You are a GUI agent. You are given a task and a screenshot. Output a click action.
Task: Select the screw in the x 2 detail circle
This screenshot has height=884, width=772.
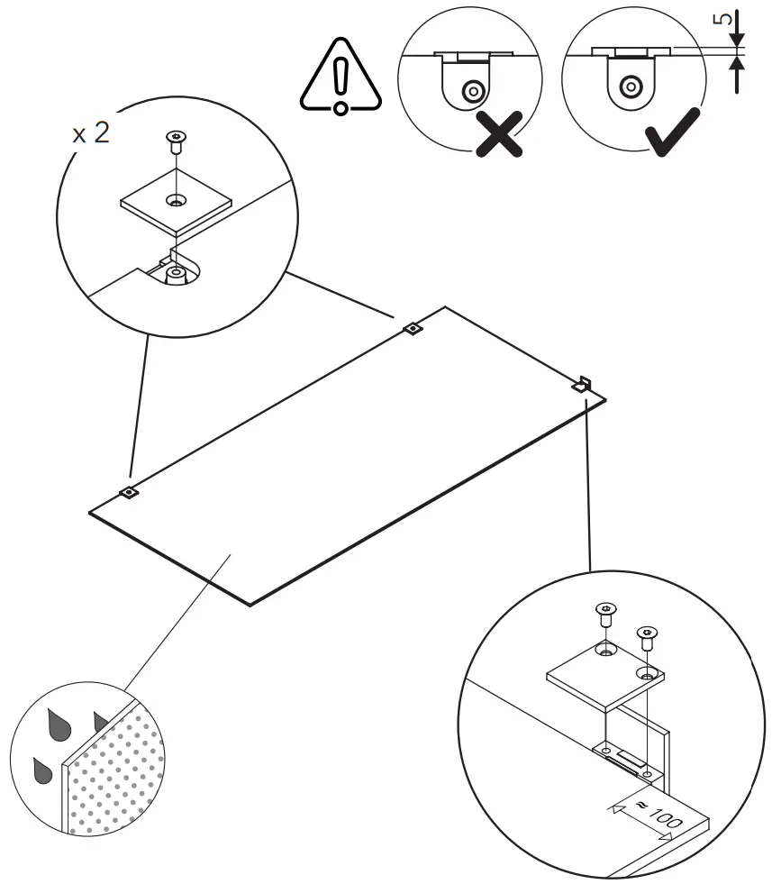(177, 141)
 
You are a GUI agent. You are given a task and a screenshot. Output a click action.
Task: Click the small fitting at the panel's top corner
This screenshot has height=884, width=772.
(412, 329)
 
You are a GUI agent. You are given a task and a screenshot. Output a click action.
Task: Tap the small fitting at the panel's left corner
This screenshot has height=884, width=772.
(129, 492)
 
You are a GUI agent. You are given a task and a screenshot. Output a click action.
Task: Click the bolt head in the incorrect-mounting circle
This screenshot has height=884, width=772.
(470, 90)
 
